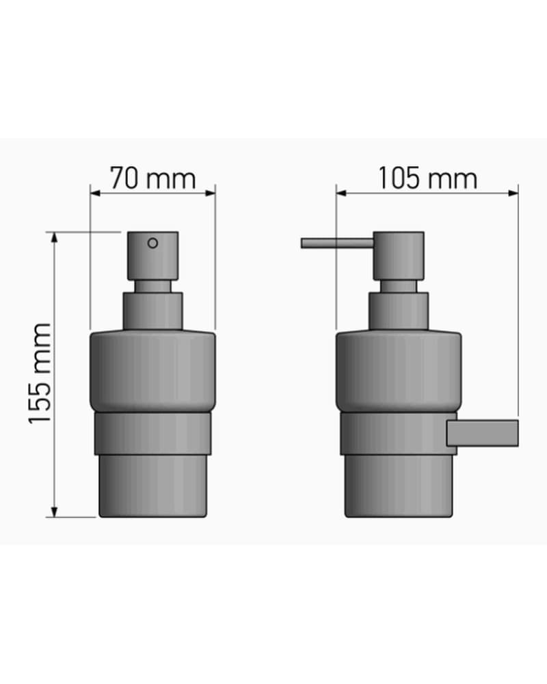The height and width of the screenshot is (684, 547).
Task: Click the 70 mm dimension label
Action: (x=152, y=178)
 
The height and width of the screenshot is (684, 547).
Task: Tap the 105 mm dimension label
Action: (x=427, y=178)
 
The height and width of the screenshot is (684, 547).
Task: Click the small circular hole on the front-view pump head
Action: (x=152, y=243)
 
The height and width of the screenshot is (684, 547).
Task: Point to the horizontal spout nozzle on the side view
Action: (x=337, y=243)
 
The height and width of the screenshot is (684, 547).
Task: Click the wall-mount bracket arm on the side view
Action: (x=483, y=433)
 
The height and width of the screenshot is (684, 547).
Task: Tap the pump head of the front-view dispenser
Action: (x=152, y=256)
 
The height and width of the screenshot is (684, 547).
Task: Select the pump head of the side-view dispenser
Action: (x=399, y=256)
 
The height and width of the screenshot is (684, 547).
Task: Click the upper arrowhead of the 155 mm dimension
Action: (x=54, y=237)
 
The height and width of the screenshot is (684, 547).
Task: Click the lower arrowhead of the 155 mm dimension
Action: (x=54, y=512)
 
